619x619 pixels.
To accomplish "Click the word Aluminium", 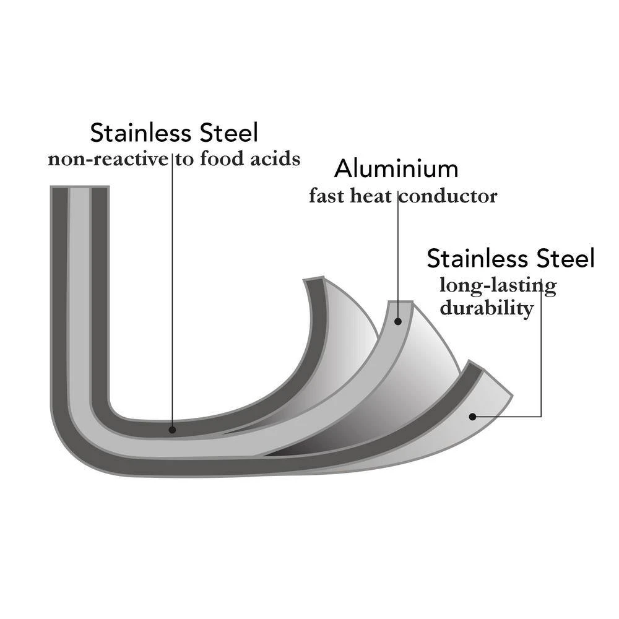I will coord(396,168).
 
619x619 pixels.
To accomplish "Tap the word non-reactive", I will coord(108,159).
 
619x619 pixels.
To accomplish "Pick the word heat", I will coord(370,197).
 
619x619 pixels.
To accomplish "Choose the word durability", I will coord(487,308).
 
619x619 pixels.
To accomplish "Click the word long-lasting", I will coord(498,286).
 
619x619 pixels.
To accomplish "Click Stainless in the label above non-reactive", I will coord(139,132).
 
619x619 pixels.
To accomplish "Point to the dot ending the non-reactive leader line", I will coord(172,429).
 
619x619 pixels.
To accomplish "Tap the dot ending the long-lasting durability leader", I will coord(472,417).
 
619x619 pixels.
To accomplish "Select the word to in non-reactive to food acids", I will coord(183,159).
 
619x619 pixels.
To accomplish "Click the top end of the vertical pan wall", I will coord(80,188).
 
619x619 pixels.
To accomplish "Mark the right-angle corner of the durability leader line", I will coord(542,417).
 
